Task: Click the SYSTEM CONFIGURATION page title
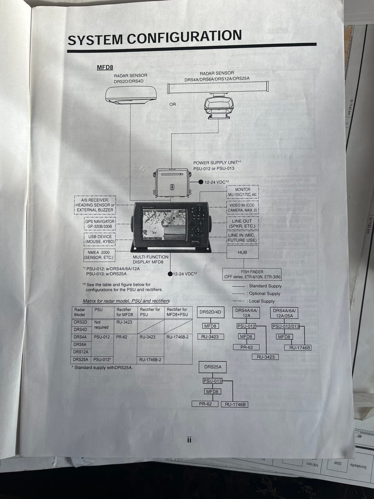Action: coord(155,38)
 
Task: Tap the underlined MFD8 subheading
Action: coord(105,67)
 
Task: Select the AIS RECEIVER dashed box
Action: coord(95,205)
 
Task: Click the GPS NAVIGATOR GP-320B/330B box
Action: coord(99,224)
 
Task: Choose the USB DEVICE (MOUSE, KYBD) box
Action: coord(99,239)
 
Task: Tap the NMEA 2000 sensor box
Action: coord(99,255)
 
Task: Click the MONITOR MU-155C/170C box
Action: coord(243,192)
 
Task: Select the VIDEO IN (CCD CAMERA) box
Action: coord(243,207)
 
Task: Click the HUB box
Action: coord(242,252)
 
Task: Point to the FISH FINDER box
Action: coord(252,274)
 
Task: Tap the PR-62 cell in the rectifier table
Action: coord(122,337)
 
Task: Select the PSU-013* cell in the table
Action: coord(102,360)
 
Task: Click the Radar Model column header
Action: coord(80,312)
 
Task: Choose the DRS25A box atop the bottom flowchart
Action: coord(213,367)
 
